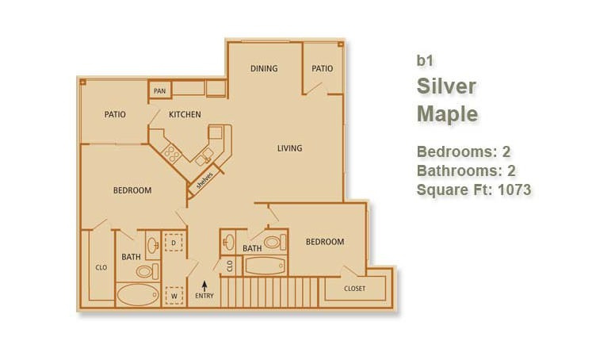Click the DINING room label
[x=264, y=68]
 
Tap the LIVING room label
[x=289, y=148]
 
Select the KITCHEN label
[x=185, y=114]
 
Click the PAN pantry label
[x=159, y=91]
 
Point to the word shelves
[x=204, y=181]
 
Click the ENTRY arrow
[x=204, y=285]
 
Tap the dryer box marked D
[x=174, y=243]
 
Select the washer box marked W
[x=174, y=296]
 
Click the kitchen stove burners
[x=173, y=154]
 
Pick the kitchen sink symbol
[x=204, y=157]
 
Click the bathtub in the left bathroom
[x=138, y=295]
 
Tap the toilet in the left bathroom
[x=147, y=271]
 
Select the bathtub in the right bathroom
[x=265, y=266]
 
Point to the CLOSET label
[x=354, y=289]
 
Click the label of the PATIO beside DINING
[x=323, y=68]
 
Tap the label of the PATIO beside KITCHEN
[x=115, y=114]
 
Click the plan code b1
[x=425, y=60]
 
